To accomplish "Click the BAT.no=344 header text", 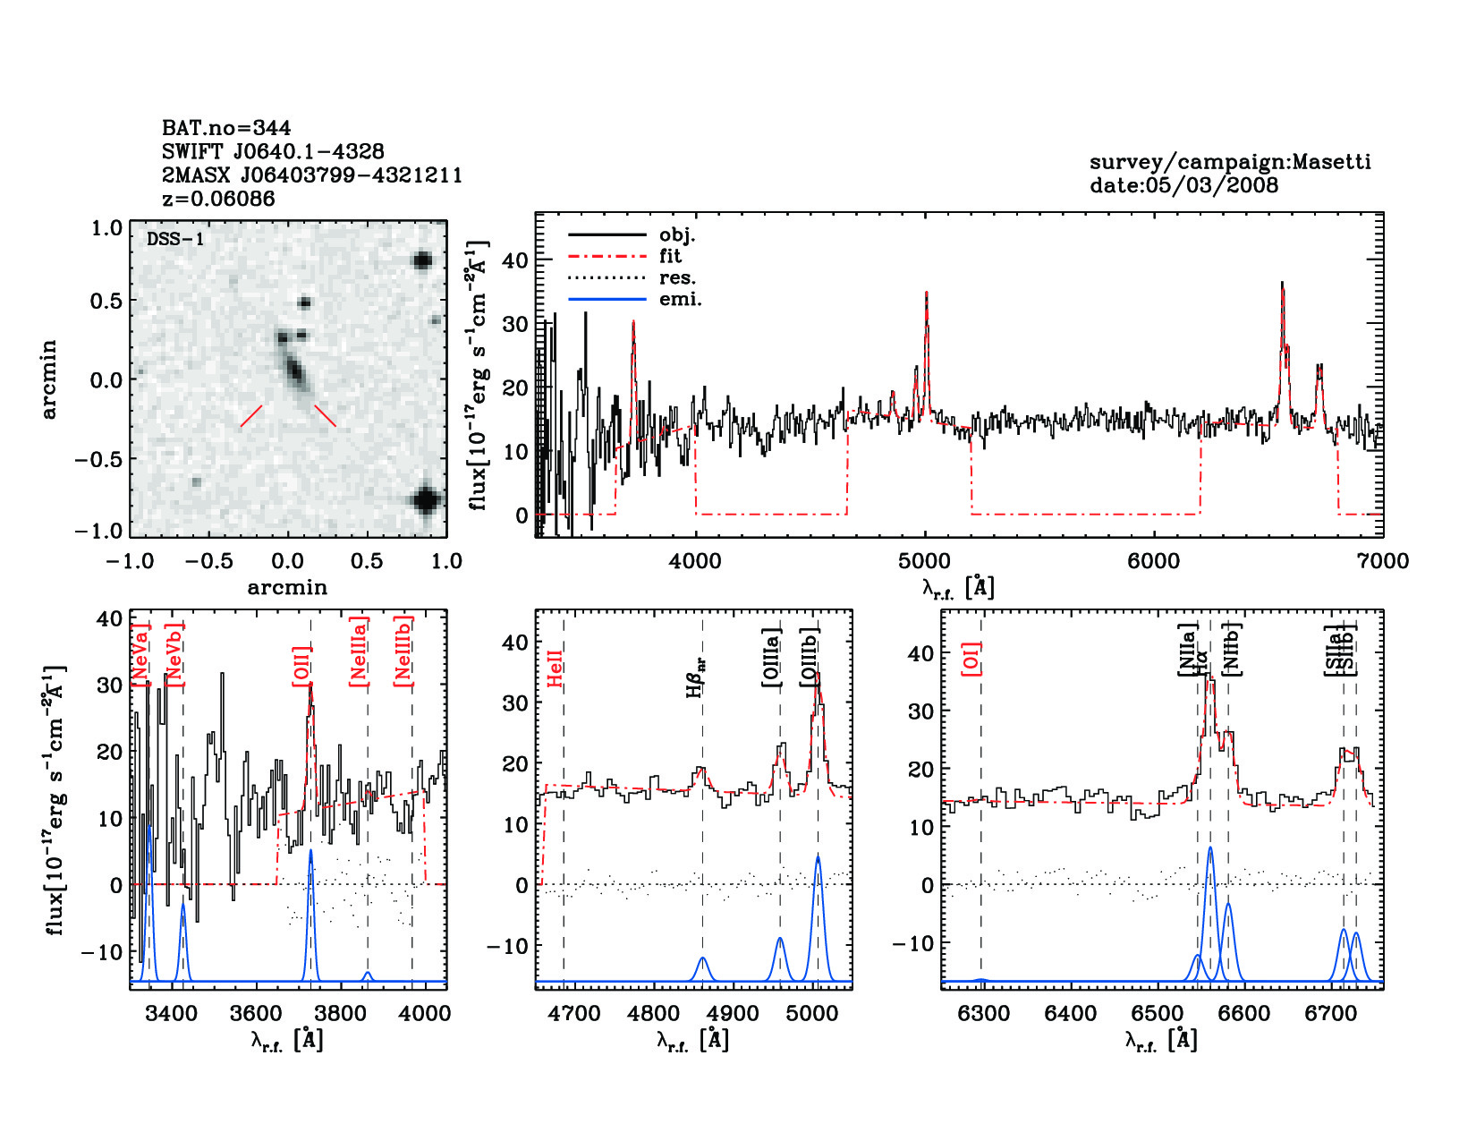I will pos(226,128).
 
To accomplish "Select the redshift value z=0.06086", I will pos(218,199).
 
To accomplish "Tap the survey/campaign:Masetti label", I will pos(1230,162).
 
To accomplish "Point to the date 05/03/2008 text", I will pos(1183,185).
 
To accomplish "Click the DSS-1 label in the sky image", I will pos(175,239).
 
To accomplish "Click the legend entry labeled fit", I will pos(670,256).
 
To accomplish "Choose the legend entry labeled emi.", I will pos(680,299).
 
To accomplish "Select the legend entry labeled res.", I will pos(677,277).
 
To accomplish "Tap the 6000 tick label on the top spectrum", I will pos(1153,561).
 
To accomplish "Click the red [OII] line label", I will pos(301,666).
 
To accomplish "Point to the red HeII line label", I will pos(555,668).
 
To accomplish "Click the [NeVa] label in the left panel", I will pos(140,653).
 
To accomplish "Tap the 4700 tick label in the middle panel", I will pos(574,1013).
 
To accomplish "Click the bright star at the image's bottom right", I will pos(426,499).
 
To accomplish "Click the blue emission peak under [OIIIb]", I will pos(818,858).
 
